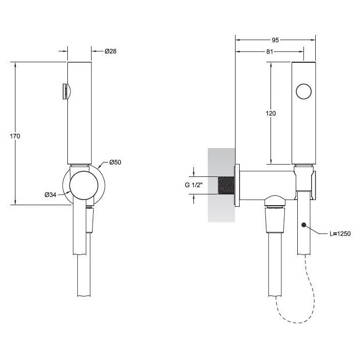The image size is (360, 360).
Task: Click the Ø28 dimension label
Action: click(110, 51)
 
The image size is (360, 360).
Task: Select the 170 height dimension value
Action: click(15, 136)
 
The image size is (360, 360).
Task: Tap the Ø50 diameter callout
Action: click(115, 163)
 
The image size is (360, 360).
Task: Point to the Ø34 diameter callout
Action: click(50, 194)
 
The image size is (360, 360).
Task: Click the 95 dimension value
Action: click(275, 40)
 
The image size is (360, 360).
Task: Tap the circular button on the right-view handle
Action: click(304, 92)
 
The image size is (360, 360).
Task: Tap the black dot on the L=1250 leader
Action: click(304, 225)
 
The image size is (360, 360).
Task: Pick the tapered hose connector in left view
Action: click(89, 220)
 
